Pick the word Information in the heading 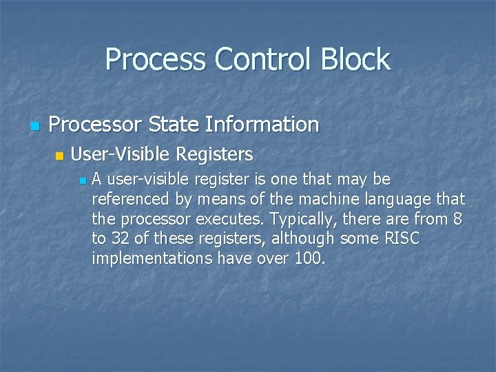point(265,125)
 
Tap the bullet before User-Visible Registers point(59,155)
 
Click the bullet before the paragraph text point(82,181)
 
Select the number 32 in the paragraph point(121,240)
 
